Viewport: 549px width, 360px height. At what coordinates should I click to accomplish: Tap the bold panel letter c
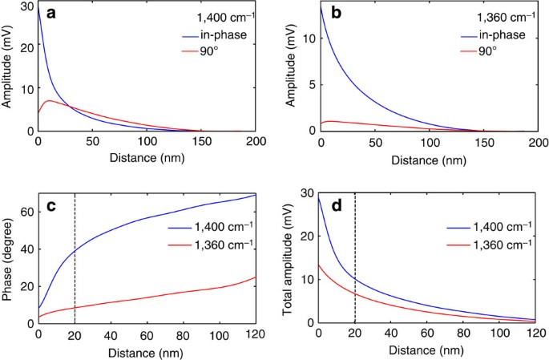(x=50, y=206)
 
